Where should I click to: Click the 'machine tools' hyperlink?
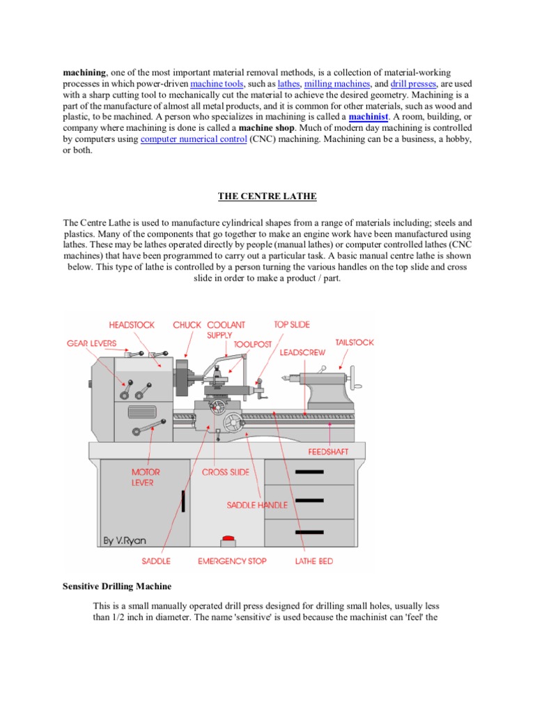coord(215,83)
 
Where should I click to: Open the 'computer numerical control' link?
coord(193,139)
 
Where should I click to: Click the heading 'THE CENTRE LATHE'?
coord(267,196)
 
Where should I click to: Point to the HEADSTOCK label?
coord(132,325)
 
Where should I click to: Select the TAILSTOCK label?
coord(355,343)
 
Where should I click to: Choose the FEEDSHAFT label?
coord(328,452)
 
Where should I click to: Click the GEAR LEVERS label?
coord(92,343)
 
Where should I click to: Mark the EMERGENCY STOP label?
coord(232,561)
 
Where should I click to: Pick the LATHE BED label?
coord(314,561)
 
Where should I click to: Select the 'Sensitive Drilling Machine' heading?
coord(117,587)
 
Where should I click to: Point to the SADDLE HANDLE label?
coord(257,505)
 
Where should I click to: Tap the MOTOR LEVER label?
coord(146,477)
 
